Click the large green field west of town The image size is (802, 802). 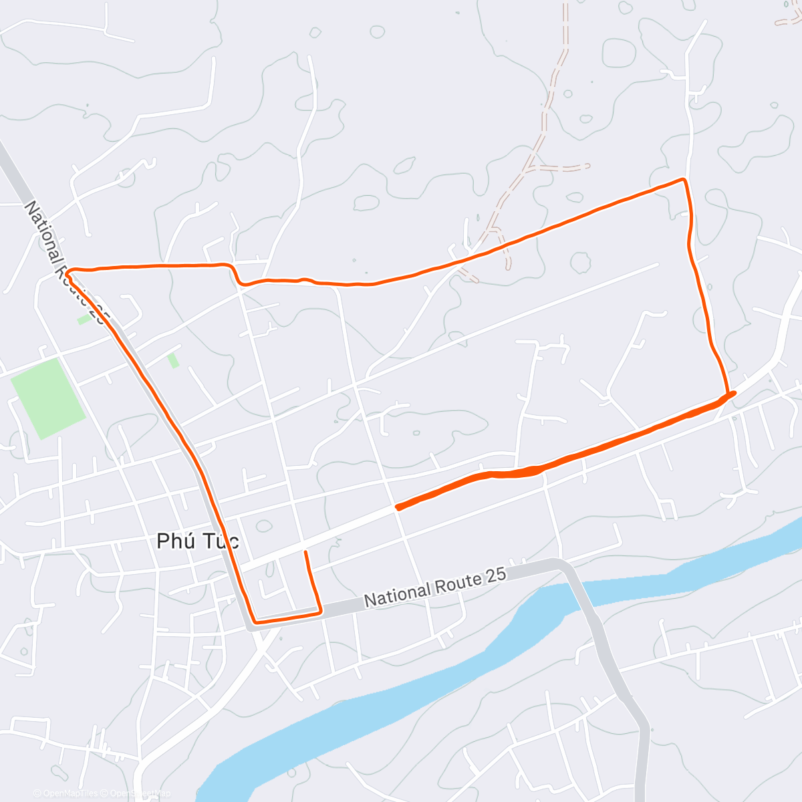pos(47,398)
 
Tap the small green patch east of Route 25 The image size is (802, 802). pos(173,360)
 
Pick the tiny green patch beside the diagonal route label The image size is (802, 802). pos(84,319)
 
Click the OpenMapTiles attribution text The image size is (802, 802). pos(65,793)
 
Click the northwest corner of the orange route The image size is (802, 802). pos(69,269)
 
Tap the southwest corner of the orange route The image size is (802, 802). pos(253,622)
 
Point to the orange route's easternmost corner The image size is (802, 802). pos(732,393)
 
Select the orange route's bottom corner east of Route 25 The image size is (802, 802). pos(320,610)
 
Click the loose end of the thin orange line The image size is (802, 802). pos(305,552)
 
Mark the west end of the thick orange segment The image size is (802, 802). pos(398,507)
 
